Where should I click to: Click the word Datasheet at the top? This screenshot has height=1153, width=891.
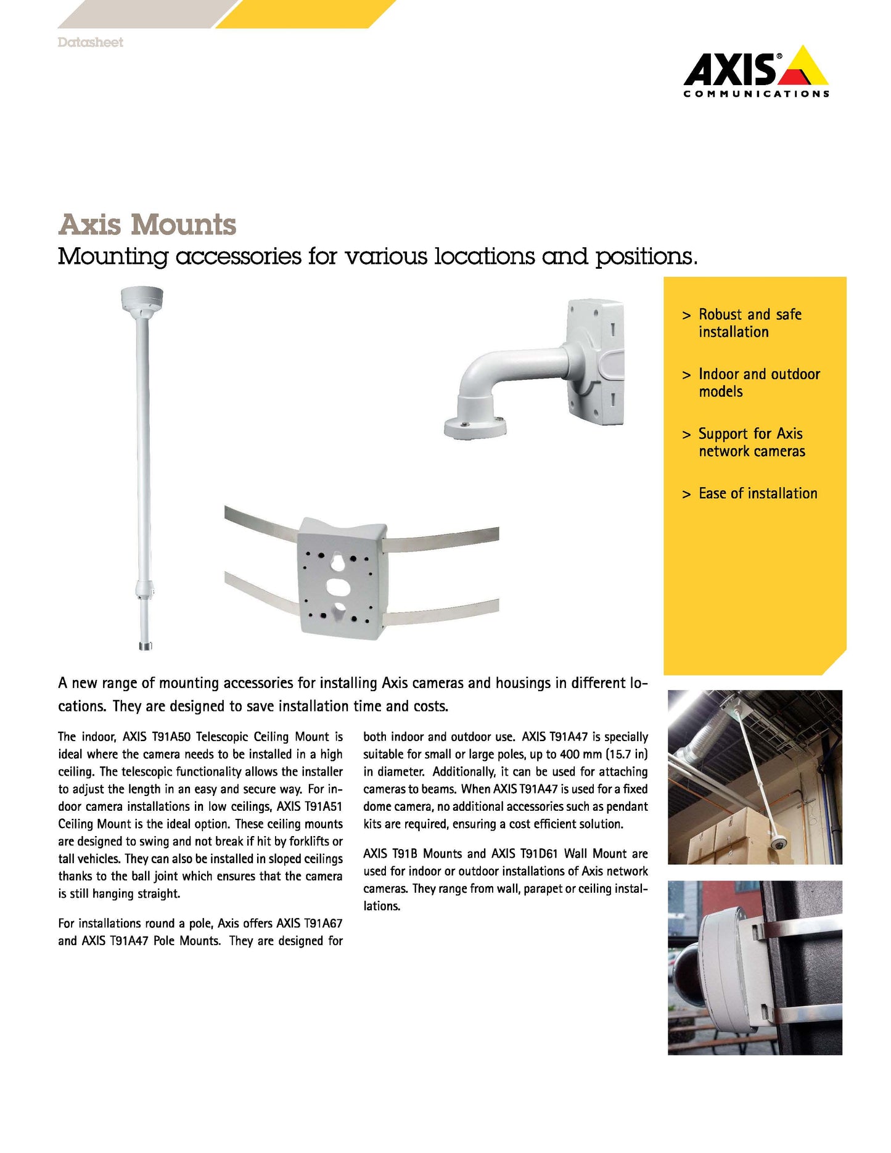coord(90,43)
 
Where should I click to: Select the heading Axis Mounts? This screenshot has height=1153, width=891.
coord(147,224)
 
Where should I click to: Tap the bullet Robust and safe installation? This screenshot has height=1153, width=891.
coord(749,323)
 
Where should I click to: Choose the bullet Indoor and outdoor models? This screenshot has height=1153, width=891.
coord(758,383)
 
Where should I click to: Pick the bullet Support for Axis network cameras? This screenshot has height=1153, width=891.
coord(751,442)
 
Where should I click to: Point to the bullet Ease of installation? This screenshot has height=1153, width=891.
coord(757,493)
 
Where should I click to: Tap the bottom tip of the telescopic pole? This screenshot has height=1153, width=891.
coord(145,646)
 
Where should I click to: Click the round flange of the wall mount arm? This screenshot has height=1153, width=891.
coord(474,427)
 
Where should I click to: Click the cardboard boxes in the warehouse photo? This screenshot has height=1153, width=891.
coord(721,832)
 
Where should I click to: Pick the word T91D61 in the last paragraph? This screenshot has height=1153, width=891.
coord(538,853)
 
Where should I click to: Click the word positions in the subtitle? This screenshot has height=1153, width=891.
coord(645,256)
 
